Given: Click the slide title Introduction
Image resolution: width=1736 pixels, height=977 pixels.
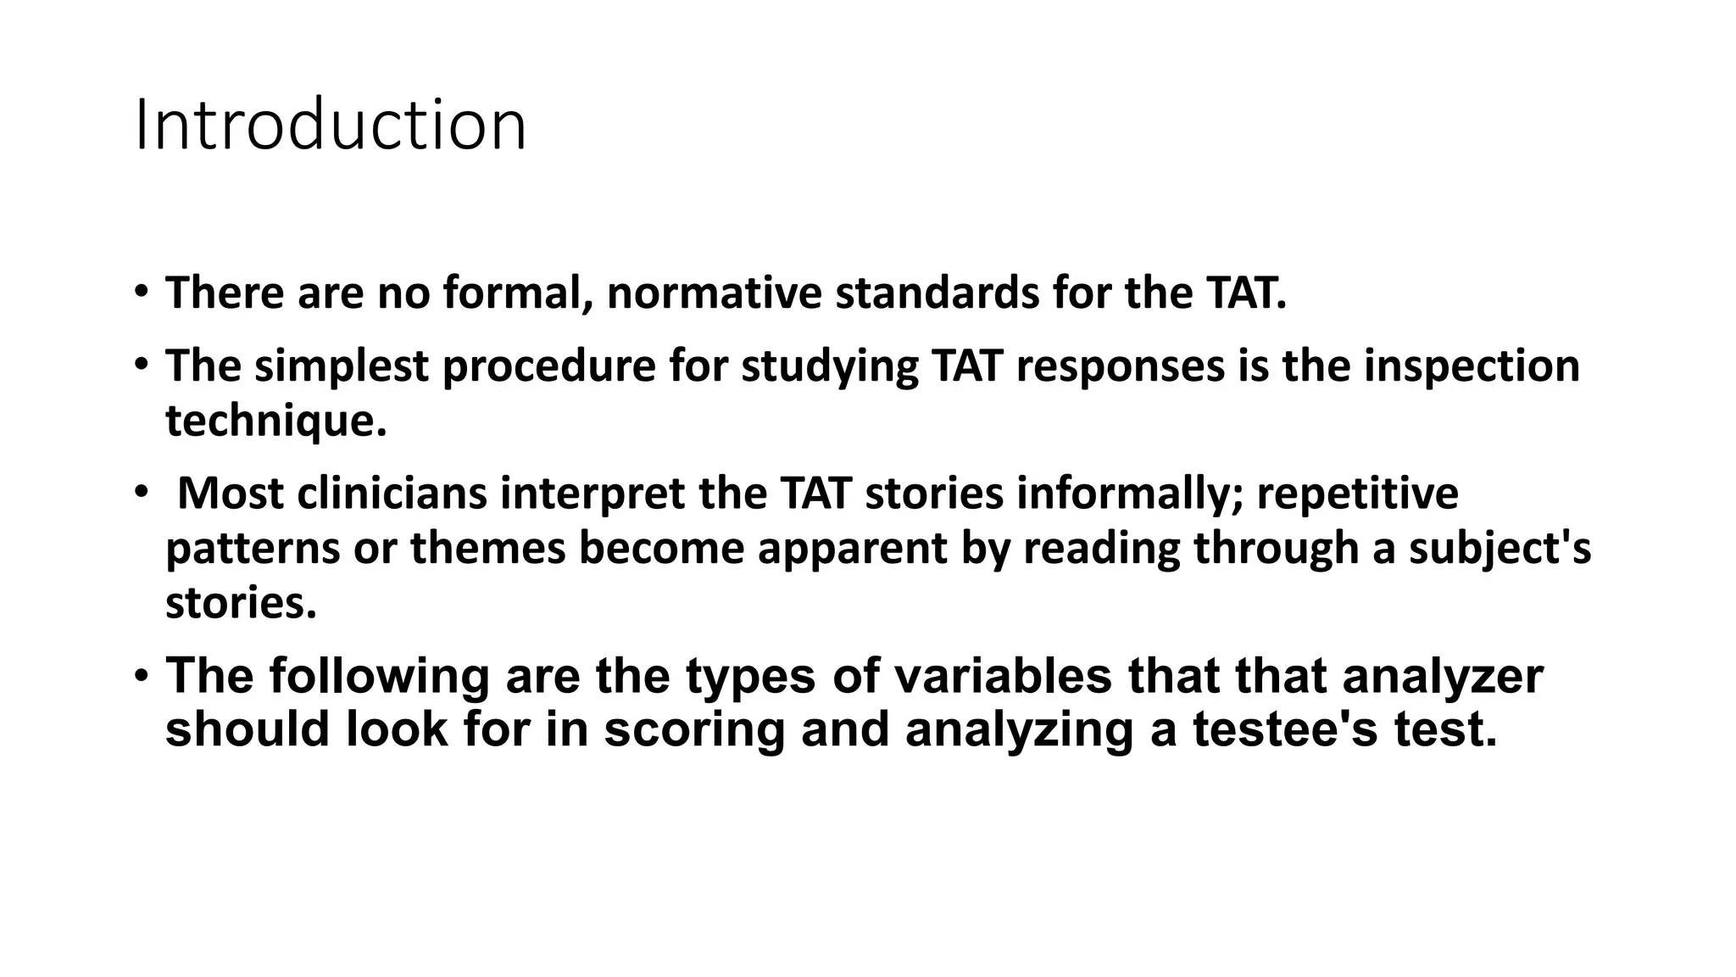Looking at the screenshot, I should click(331, 126).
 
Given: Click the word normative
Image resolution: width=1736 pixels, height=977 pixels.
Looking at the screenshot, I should click(714, 293).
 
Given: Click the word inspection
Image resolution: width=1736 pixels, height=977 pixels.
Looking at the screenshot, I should click(1472, 366).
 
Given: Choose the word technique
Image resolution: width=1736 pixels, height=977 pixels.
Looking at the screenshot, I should click(275, 421).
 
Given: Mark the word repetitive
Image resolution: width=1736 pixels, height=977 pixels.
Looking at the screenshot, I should click(1357, 494).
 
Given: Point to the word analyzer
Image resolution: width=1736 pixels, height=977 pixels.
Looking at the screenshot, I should click(1443, 676).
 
